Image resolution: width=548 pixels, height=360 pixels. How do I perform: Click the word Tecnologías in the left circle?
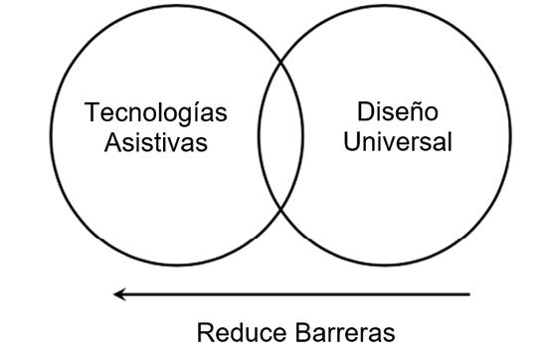pos(155,113)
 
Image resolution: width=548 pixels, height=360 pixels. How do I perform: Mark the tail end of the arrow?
pos(467,293)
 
